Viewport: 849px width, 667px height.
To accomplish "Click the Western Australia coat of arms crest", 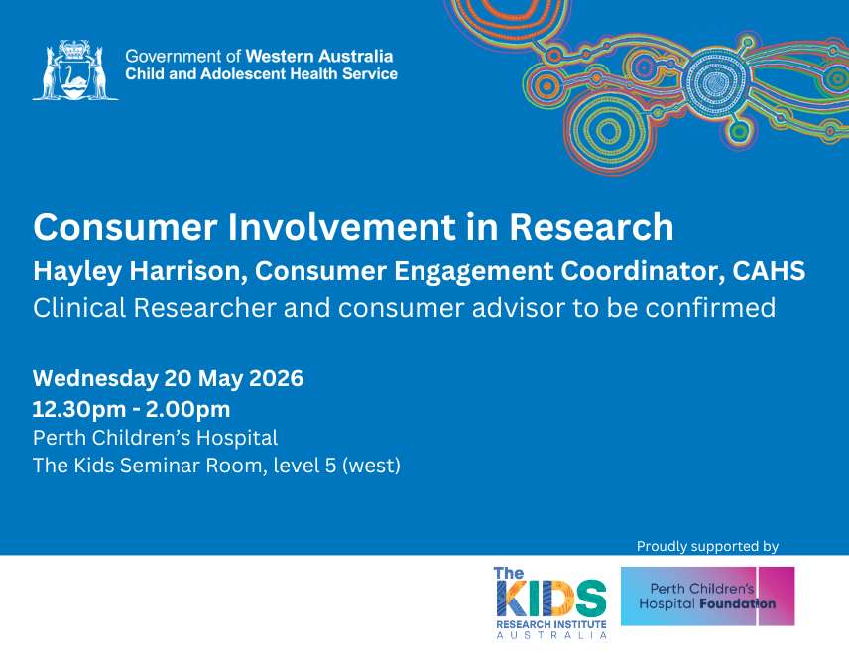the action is click(x=75, y=69).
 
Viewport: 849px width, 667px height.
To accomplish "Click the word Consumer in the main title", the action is click(x=126, y=227).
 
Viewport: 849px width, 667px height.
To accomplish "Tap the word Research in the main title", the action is click(x=591, y=227).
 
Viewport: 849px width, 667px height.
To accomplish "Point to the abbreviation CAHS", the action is click(x=769, y=270).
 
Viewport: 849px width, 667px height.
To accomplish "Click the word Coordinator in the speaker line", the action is click(x=643, y=270).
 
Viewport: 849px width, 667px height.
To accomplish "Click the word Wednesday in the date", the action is click(x=95, y=378).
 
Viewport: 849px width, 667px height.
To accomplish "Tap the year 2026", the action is click(x=276, y=378).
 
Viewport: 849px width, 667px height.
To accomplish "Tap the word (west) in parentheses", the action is click(x=371, y=466).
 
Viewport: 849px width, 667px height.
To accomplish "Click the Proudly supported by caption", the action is click(x=707, y=546).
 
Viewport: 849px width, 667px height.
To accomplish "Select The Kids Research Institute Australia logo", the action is click(x=550, y=602).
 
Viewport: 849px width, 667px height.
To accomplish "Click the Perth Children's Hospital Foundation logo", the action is click(x=707, y=596).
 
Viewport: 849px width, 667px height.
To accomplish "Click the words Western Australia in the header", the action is click(x=319, y=56).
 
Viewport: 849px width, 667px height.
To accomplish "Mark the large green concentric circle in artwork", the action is click(x=608, y=131).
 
